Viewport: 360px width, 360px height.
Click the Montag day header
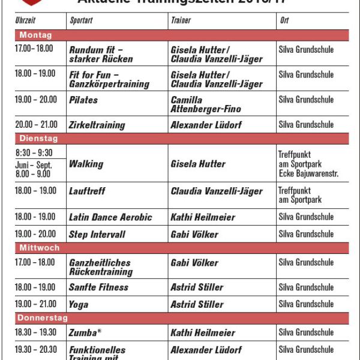(36, 35)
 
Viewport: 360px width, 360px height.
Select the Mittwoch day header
(40, 247)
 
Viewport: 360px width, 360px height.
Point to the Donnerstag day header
(44, 318)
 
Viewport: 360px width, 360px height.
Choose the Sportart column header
(81, 20)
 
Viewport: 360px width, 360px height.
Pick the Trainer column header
(181, 20)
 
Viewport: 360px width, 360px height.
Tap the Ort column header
(284, 20)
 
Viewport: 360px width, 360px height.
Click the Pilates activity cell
(83, 100)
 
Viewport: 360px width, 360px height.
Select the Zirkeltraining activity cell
(97, 125)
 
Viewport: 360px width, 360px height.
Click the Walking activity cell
(86, 164)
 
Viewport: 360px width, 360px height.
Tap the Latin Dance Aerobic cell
(110, 217)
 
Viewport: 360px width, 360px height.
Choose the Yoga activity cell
(79, 304)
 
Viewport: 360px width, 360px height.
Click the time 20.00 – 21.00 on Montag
(36, 124)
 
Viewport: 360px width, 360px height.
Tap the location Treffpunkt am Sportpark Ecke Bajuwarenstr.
(308, 164)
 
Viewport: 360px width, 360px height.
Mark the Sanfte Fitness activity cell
(99, 287)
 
